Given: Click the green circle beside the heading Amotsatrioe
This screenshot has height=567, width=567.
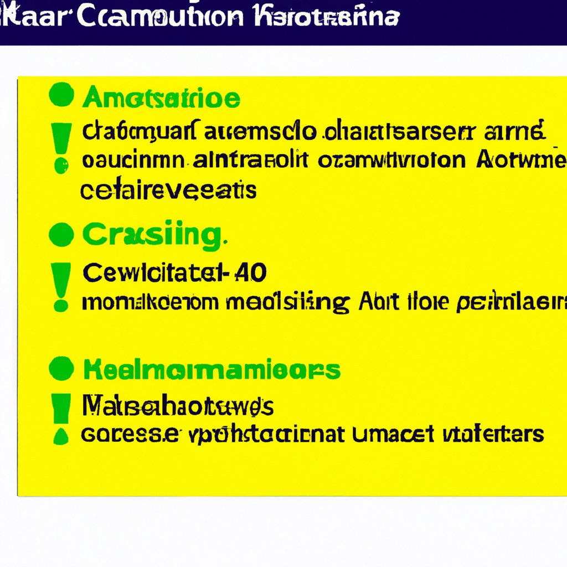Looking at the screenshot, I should point(61,95).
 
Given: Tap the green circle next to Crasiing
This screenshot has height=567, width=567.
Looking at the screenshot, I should point(61,235).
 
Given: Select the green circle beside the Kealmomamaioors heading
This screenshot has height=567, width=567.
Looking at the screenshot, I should point(61,368).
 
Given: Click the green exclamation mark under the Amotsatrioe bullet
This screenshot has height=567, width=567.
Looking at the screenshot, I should point(61,146).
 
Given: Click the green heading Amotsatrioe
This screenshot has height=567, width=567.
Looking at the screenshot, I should point(161,99).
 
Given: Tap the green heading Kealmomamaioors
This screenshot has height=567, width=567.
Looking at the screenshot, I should point(212,369).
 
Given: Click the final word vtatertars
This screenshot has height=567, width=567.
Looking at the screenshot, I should point(492,434).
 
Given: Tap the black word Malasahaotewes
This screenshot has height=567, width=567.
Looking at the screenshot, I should point(177,407).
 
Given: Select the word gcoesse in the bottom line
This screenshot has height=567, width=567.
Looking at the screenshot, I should point(130,434).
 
